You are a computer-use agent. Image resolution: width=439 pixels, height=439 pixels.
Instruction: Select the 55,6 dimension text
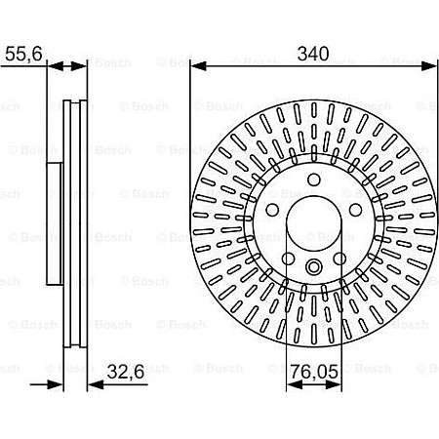click(x=22, y=56)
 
